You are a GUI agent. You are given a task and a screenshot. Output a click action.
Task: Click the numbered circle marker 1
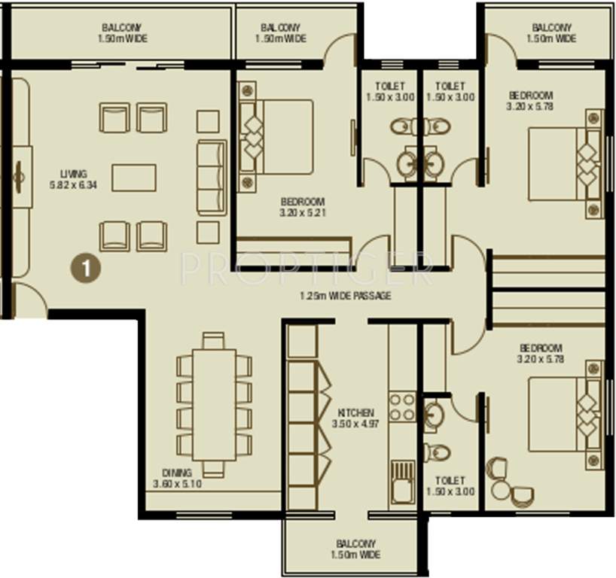(85, 268)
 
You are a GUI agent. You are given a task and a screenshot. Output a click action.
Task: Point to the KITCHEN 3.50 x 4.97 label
(355, 418)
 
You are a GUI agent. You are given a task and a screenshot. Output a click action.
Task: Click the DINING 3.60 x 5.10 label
(177, 479)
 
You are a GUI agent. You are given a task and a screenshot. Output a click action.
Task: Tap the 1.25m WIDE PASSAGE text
(344, 296)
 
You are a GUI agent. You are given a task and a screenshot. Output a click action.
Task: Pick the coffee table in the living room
(134, 178)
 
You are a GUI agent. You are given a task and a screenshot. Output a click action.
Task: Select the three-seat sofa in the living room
(212, 178)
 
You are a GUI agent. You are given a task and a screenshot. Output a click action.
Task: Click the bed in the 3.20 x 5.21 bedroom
(276, 136)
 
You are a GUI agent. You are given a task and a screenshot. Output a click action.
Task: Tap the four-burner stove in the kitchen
(402, 406)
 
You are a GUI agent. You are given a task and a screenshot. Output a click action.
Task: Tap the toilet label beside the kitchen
(450, 485)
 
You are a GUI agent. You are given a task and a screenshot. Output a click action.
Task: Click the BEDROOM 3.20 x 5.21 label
(302, 207)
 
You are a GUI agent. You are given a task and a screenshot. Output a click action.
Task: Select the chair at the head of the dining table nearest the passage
(214, 340)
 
